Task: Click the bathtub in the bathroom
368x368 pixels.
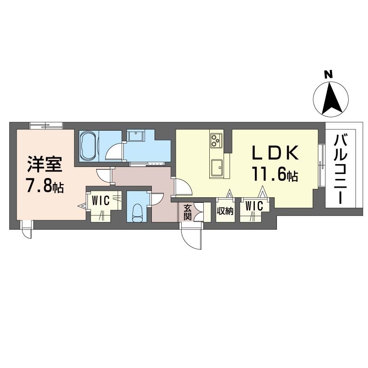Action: click(88, 146)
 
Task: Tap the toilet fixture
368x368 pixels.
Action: click(137, 213)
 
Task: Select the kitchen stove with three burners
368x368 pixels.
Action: click(216, 141)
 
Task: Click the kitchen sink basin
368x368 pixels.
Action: click(216, 167)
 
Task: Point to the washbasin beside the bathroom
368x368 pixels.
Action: click(136, 136)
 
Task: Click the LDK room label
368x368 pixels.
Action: click(275, 153)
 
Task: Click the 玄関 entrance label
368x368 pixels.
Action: click(188, 213)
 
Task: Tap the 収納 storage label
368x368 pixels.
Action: click(225, 212)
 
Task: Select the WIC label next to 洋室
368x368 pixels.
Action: click(101, 201)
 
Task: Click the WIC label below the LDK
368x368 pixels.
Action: click(254, 206)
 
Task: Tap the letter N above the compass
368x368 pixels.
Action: click(328, 75)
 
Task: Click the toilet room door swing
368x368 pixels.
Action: click(155, 199)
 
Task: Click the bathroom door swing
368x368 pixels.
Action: click(114, 151)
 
